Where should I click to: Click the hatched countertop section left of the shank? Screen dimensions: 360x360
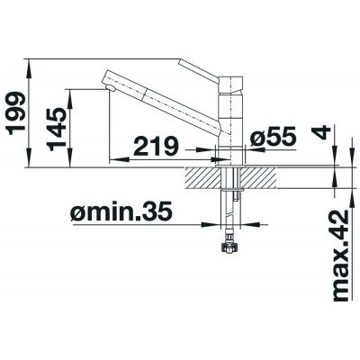[x=203, y=176]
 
